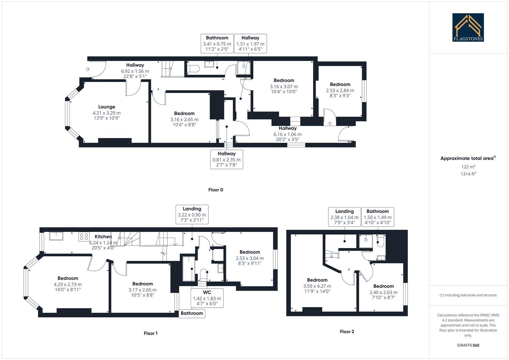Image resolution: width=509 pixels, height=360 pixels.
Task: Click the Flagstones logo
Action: pyautogui.click(x=468, y=27)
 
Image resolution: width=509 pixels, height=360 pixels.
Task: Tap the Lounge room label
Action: pyautogui.click(x=107, y=107)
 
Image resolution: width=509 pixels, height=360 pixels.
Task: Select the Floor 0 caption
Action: pyautogui.click(x=216, y=190)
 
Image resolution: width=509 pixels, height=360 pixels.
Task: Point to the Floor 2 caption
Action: pyautogui.click(x=347, y=331)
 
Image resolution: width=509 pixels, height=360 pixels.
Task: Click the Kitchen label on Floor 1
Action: pyautogui.click(x=103, y=237)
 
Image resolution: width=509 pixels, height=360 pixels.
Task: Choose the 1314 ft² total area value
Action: pyautogui.click(x=468, y=174)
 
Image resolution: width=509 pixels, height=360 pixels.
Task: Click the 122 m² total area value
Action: pyautogui.click(x=468, y=167)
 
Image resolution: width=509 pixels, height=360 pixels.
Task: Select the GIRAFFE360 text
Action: pyautogui.click(x=468, y=345)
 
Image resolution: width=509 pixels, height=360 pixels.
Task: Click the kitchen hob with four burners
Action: pyautogui.click(x=84, y=237)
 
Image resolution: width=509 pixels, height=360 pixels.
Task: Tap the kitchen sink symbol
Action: pyautogui.click(x=56, y=236)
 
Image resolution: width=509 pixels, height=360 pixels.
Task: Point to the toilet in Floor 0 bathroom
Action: pyautogui.click(x=193, y=69)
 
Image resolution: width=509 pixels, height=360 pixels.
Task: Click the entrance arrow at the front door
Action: pyautogui.click(x=87, y=69)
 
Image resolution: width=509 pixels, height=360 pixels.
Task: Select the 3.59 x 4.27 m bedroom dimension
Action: pyautogui.click(x=317, y=286)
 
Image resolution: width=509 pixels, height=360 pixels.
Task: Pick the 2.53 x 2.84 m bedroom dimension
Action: pyautogui.click(x=340, y=90)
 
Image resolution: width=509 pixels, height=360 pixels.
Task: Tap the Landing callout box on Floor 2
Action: pyautogui.click(x=344, y=217)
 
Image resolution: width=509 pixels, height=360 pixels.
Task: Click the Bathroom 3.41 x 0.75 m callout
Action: pyautogui.click(x=217, y=43)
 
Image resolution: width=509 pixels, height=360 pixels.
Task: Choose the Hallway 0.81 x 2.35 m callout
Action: pyautogui.click(x=227, y=159)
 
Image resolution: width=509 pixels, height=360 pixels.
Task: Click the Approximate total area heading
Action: pyautogui.click(x=468, y=158)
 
